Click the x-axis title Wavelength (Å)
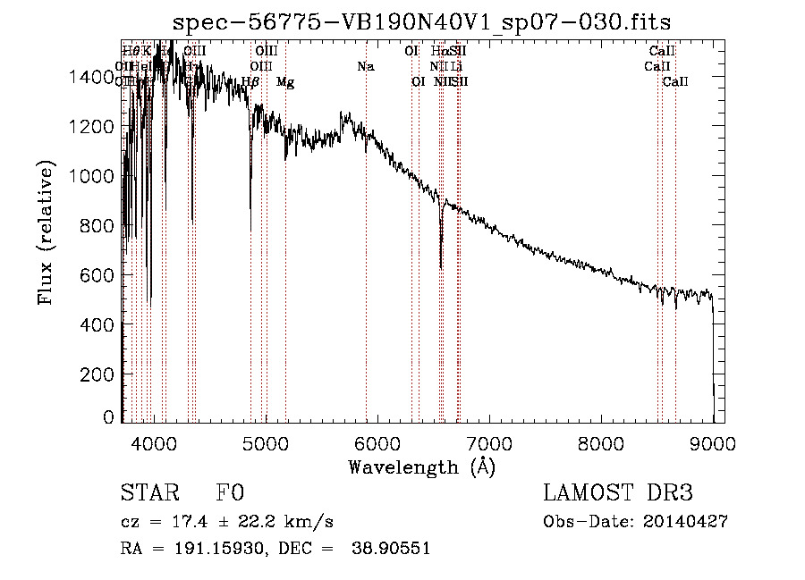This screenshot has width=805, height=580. click(x=421, y=467)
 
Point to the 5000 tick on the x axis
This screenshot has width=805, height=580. click(x=266, y=441)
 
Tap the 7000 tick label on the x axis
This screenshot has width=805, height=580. click(x=489, y=441)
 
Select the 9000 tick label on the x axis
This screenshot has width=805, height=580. click(x=713, y=441)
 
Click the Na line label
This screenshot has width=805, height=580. click(x=365, y=67)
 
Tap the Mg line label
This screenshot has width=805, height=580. click(x=285, y=82)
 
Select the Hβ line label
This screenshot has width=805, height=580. click(x=250, y=82)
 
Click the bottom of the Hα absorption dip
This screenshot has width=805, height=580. click(x=441, y=266)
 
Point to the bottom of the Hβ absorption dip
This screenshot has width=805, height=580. click(x=250, y=207)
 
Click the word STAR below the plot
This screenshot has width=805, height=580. click(x=148, y=493)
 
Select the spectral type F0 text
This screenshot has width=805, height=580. click(x=230, y=493)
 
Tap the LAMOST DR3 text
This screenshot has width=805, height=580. click(x=618, y=493)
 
